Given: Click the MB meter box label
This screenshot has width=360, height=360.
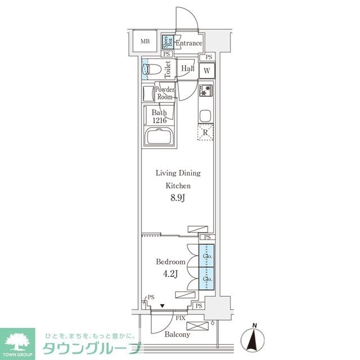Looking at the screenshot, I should click(x=145, y=42).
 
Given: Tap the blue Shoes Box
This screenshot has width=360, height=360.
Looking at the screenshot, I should click(x=166, y=42).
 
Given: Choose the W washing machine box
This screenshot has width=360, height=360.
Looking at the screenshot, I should click(x=207, y=70).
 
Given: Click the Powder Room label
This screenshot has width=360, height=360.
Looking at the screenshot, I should click(x=164, y=93).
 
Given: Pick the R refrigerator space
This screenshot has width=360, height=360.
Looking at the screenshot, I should click(x=206, y=133).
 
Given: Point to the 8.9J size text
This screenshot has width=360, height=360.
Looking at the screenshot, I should click(x=178, y=198).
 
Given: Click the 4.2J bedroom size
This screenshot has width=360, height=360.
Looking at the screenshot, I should click(x=170, y=274).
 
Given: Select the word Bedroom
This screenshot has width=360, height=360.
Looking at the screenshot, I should click(x=170, y=262).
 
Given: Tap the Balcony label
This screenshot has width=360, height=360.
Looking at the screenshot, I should click(x=177, y=335).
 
